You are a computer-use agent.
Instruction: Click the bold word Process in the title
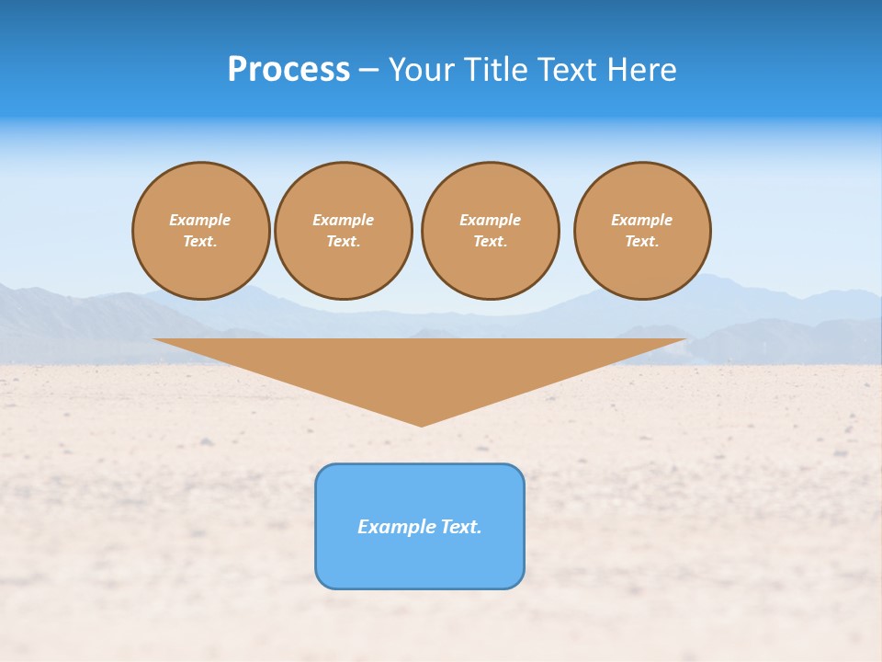point(288,70)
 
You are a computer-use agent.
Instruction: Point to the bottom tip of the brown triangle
point(421,425)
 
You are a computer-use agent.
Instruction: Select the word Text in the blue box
point(460,527)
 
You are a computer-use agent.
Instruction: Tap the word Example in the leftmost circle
point(200,220)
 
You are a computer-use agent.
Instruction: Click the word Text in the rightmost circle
point(642,241)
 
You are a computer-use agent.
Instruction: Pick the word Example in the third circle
point(490,220)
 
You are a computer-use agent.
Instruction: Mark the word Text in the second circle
point(344,241)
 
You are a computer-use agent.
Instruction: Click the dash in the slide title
point(369,70)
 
